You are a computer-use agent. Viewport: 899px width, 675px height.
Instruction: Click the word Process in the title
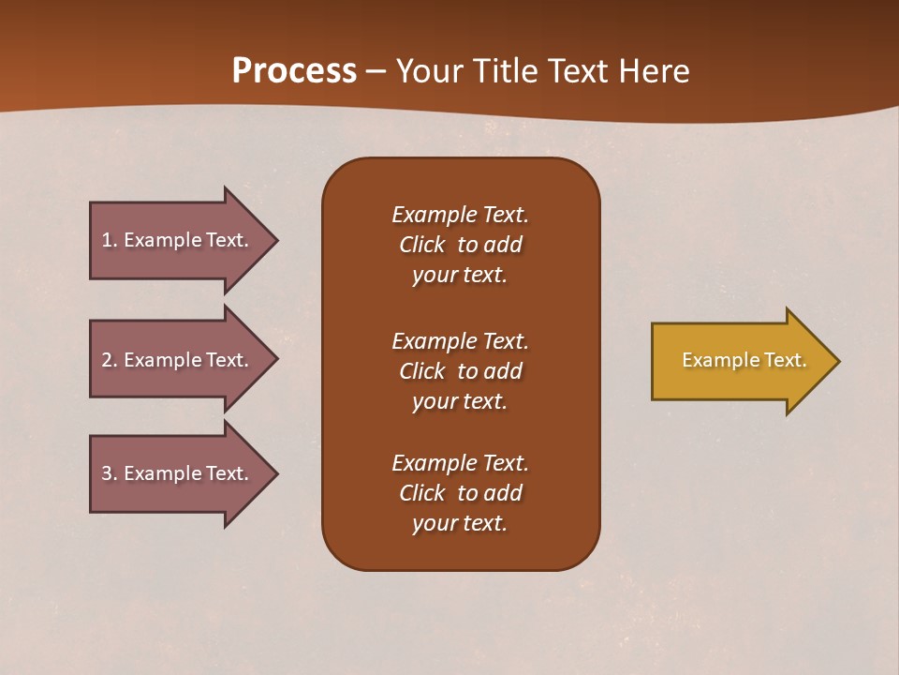click(x=294, y=71)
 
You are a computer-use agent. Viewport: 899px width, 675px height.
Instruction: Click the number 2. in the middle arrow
click(x=110, y=360)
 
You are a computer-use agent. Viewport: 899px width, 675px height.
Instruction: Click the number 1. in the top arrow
click(x=109, y=240)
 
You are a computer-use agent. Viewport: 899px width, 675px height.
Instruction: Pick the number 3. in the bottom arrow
click(x=110, y=473)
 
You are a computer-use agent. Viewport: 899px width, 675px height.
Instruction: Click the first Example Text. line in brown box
click(x=460, y=215)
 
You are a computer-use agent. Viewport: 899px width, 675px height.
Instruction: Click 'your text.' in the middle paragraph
click(x=460, y=401)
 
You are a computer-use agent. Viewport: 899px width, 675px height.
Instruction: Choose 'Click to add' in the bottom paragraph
click(x=460, y=493)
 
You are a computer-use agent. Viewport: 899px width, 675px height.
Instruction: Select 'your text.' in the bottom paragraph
click(x=460, y=523)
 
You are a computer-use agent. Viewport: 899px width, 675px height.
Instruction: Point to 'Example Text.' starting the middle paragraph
click(x=460, y=340)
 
